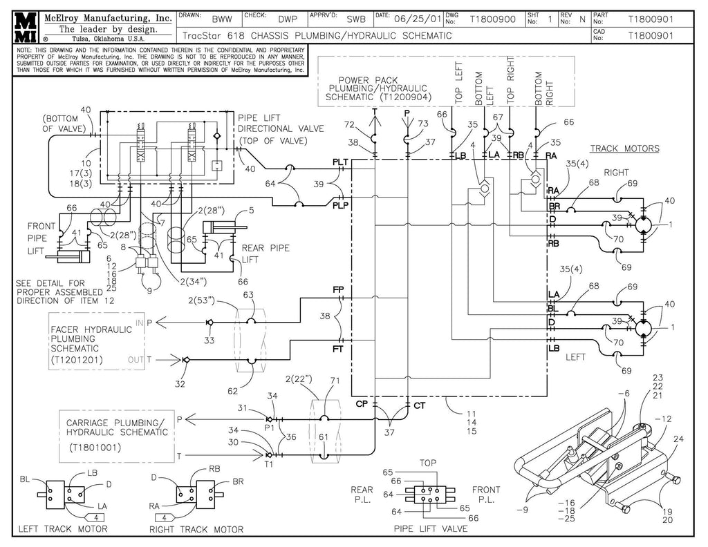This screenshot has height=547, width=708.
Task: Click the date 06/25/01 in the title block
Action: tap(417, 19)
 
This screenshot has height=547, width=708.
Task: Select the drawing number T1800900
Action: tap(492, 19)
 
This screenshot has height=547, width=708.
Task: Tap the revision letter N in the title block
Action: tap(581, 19)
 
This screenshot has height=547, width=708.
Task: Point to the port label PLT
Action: tap(340, 162)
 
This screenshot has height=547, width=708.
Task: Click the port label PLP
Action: tap(340, 205)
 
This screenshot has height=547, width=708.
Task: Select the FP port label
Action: tap(338, 290)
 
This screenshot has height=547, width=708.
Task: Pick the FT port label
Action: tap(338, 349)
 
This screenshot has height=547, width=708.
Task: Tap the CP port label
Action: tap(361, 404)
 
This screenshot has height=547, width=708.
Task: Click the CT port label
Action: tap(419, 405)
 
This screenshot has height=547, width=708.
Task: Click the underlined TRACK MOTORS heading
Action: tap(624, 148)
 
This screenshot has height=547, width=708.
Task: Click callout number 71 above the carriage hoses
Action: tap(335, 381)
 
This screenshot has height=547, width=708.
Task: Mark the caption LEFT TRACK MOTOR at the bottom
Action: tap(63, 529)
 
